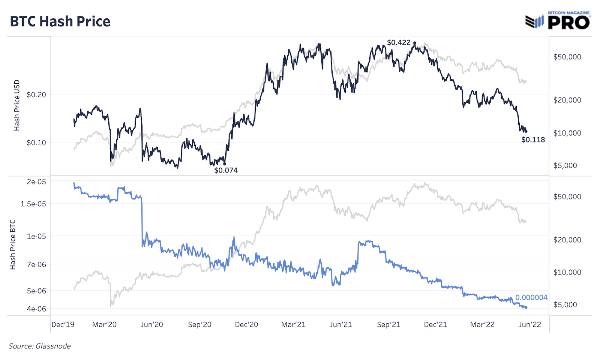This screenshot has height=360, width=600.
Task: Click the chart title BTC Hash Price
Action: click(x=60, y=22)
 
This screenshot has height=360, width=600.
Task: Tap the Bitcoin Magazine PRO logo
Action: click(x=558, y=21)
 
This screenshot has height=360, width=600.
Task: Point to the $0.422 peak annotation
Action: click(x=399, y=43)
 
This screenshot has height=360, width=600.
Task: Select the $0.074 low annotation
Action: click(x=226, y=170)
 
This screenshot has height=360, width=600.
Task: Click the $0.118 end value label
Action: click(x=533, y=140)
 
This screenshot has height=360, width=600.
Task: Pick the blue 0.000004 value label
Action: click(x=531, y=297)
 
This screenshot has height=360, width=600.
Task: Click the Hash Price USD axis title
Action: click(x=17, y=105)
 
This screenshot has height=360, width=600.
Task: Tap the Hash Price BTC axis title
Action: click(x=13, y=244)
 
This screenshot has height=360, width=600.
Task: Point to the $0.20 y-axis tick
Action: click(x=36, y=94)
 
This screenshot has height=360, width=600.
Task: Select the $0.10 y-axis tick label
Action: click(x=36, y=142)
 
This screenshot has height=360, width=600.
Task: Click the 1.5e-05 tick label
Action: click(x=33, y=204)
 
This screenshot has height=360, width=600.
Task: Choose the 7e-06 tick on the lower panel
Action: click(x=36, y=264)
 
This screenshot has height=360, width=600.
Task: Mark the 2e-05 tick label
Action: click(x=36, y=182)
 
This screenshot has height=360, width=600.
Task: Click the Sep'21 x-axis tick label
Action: click(x=388, y=325)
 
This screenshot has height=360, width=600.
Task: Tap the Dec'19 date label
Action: click(x=63, y=325)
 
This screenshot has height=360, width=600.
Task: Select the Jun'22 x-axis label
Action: click(x=529, y=325)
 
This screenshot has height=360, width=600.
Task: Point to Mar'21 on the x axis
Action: click(x=293, y=325)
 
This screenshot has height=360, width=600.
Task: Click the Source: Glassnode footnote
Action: click(x=40, y=346)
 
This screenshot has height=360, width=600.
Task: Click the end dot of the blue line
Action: click(x=526, y=307)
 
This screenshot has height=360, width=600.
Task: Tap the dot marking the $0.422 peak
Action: click(x=415, y=43)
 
